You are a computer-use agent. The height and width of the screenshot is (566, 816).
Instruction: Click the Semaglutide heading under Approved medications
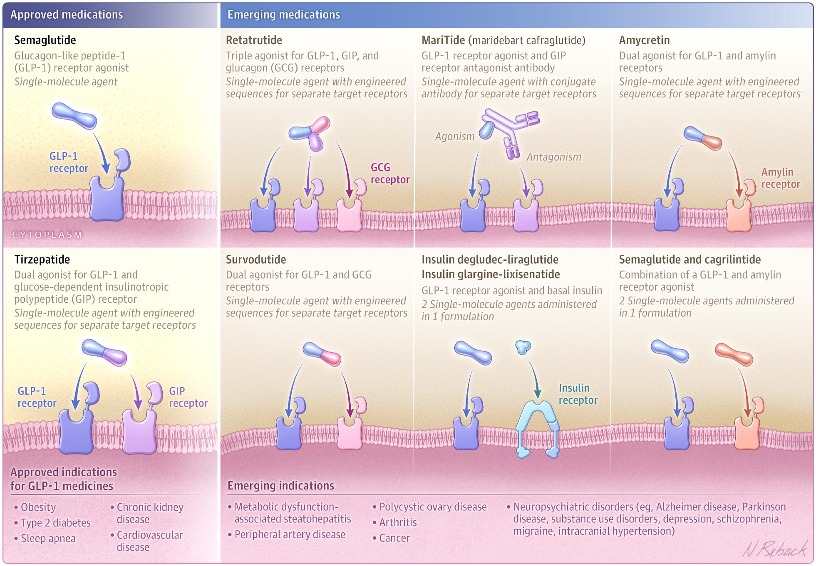(45, 40)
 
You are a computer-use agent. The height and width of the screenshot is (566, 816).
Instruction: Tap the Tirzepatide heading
(42, 260)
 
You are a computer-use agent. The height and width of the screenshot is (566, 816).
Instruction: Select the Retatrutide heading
(254, 40)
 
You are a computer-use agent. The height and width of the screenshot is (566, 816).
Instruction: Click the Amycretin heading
(644, 40)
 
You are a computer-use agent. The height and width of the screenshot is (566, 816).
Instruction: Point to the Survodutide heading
(256, 260)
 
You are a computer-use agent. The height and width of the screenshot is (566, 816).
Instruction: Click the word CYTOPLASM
(47, 235)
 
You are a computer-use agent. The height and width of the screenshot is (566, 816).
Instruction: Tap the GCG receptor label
(390, 173)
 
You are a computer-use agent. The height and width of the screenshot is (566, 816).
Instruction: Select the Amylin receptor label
(780, 178)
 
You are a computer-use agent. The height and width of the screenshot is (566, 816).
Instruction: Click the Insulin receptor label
(578, 394)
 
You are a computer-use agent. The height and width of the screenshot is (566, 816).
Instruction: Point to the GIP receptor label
(188, 397)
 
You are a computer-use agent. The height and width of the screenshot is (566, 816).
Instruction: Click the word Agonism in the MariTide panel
(454, 136)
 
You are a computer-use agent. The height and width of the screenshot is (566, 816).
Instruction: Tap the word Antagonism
(553, 157)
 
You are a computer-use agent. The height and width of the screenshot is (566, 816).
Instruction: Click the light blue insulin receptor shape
(538, 428)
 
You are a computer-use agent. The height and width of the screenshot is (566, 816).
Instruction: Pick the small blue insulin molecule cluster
(523, 346)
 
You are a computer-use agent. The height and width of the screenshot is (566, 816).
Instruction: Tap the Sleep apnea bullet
(48, 539)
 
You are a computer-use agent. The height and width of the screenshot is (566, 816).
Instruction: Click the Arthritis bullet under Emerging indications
(398, 522)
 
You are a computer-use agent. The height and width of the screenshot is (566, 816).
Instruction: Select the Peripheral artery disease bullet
(290, 534)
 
